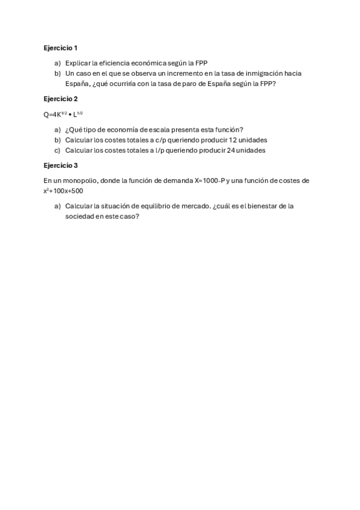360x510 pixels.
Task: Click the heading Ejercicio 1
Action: [61, 47]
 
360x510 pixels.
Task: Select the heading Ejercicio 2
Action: [61, 99]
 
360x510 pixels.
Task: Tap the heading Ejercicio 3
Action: [61, 165]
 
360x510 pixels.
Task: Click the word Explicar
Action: [78, 63]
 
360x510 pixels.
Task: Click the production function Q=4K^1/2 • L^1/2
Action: [63, 114]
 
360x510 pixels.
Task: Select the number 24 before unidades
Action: [230, 150]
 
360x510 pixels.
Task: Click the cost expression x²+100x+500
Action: [63, 191]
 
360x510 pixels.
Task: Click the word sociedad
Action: [80, 217]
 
